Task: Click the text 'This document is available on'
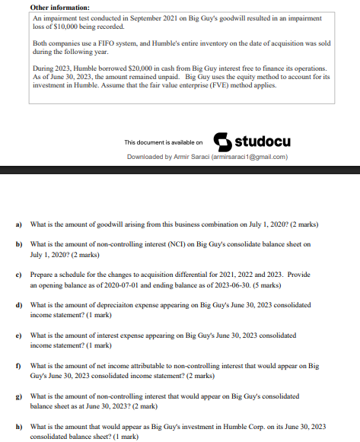click(164, 142)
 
